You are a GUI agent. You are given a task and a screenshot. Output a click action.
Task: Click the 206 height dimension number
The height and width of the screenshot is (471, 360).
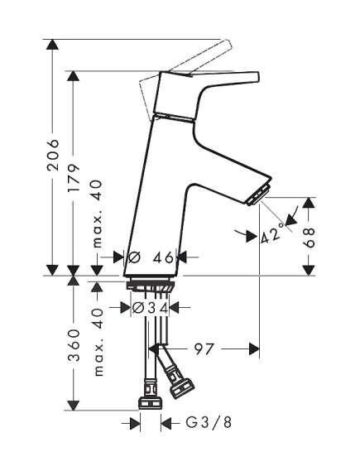pyautogui.click(x=53, y=155)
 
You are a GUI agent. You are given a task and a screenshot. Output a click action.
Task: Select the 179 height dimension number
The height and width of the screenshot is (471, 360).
pyautogui.click(x=74, y=178)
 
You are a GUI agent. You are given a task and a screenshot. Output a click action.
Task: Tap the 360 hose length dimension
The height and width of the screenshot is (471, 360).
pyautogui.click(x=74, y=344)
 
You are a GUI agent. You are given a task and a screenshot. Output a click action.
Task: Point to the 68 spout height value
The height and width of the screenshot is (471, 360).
pyautogui.click(x=309, y=238)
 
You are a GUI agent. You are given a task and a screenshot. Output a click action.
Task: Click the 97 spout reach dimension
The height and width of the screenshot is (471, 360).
pyautogui.click(x=204, y=349)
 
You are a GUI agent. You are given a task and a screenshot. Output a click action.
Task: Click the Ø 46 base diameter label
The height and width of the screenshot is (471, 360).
pyautogui.click(x=151, y=257)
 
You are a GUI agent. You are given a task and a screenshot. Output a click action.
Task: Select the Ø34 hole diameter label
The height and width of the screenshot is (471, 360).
pyautogui.click(x=151, y=307)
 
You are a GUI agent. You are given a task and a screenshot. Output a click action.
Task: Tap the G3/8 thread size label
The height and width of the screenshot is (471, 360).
pyautogui.click(x=209, y=423)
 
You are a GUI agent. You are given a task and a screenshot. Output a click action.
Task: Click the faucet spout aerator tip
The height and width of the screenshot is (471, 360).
pyautogui.click(x=259, y=195)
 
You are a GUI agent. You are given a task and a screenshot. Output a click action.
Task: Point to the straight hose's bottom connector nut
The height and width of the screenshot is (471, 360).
pyautogui.click(x=151, y=403)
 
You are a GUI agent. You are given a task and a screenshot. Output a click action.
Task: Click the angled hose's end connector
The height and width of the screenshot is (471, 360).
pyautogui.click(x=181, y=389)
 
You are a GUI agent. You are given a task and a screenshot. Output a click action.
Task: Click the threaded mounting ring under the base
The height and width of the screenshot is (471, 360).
pyautogui.click(x=150, y=286)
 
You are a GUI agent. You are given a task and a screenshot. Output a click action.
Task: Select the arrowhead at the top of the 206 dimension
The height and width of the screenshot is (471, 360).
pyautogui.click(x=53, y=45)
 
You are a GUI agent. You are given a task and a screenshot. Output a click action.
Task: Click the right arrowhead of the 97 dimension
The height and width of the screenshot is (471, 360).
pyautogui.click(x=254, y=349)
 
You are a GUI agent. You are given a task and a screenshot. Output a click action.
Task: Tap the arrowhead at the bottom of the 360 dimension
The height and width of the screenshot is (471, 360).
pyautogui.click(x=74, y=406)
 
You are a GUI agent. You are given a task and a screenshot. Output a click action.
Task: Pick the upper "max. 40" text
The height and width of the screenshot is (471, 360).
pyautogui.click(x=97, y=214)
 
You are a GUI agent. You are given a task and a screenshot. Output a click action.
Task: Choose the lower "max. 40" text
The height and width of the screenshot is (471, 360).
pyautogui.click(x=98, y=342)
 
